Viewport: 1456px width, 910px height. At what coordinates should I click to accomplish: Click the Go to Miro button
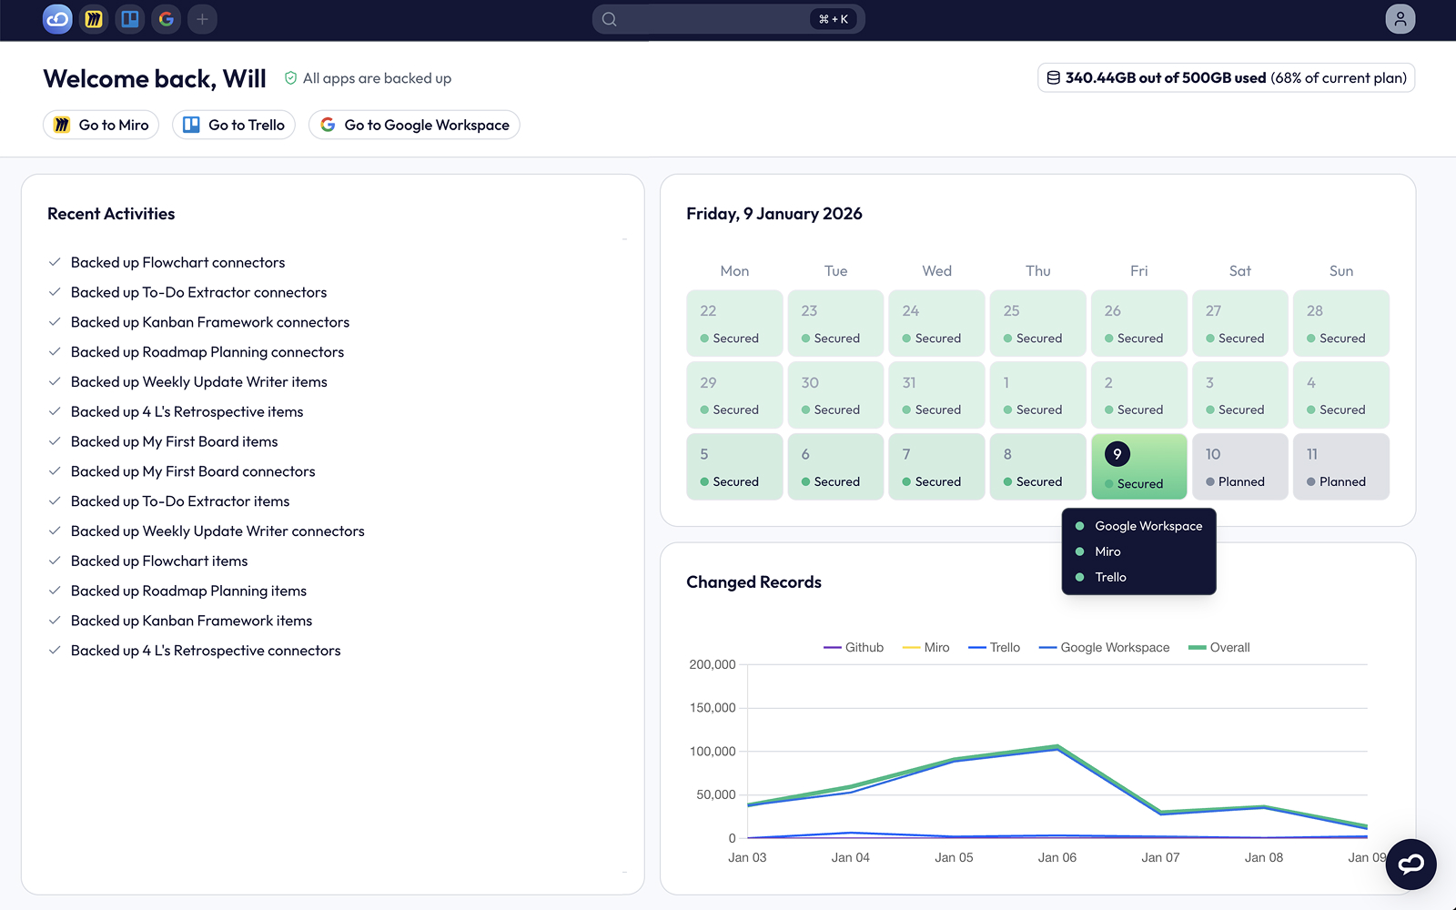click(101, 125)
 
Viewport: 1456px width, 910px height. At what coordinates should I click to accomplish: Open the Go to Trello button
click(233, 125)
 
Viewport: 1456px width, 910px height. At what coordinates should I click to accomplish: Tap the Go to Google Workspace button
click(414, 125)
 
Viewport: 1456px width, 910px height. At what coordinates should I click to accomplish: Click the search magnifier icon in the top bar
click(609, 19)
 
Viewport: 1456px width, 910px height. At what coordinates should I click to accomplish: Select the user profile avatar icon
click(1400, 19)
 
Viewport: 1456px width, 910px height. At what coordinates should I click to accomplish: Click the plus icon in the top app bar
click(202, 19)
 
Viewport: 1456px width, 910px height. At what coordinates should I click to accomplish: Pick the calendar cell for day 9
click(1138, 467)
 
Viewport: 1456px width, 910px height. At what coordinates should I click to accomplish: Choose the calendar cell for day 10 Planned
click(1240, 467)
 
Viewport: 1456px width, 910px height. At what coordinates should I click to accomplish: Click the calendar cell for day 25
click(1038, 323)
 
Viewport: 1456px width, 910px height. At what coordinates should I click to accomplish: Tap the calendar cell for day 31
click(936, 395)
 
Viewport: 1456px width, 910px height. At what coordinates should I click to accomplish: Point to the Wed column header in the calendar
click(936, 271)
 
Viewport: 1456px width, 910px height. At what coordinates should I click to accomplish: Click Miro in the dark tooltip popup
click(1107, 551)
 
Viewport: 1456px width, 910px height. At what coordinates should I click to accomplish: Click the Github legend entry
click(854, 647)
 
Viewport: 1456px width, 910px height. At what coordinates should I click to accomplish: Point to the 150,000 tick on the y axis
click(713, 708)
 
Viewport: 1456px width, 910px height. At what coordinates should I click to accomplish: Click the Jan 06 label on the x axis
click(1057, 857)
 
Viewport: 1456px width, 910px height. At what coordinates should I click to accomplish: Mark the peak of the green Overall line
click(1057, 745)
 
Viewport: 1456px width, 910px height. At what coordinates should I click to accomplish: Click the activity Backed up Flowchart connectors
click(177, 262)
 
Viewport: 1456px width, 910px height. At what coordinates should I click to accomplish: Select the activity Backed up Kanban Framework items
click(191, 621)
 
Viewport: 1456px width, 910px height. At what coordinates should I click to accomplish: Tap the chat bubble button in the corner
click(1410, 864)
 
